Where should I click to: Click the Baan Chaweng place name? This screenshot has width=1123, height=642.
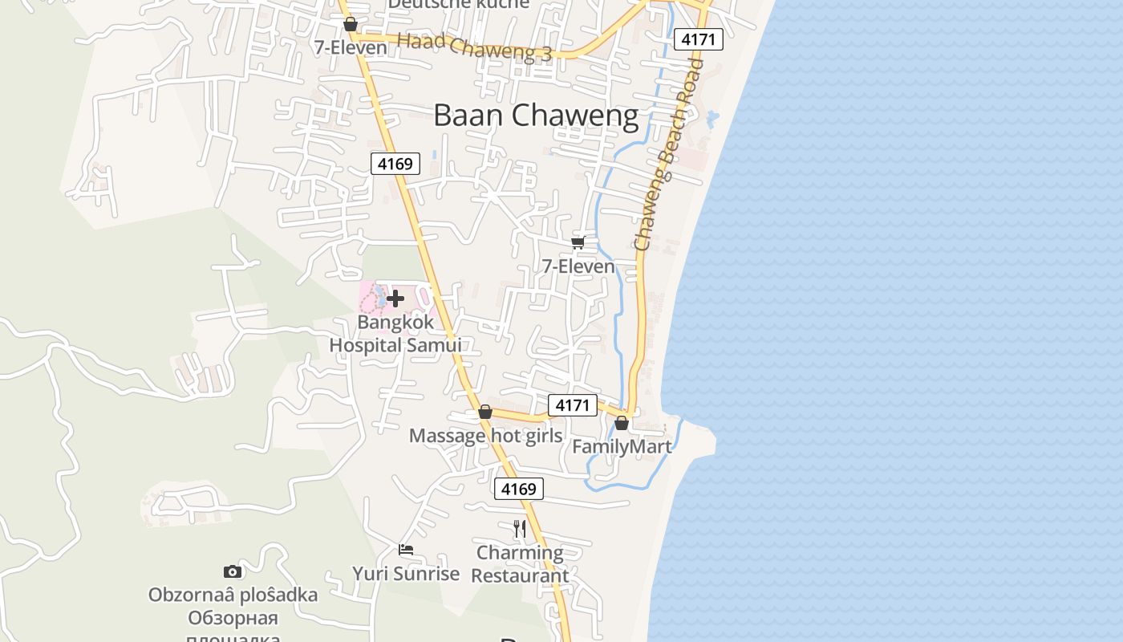click(536, 116)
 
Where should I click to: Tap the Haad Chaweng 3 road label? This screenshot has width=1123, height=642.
click(475, 46)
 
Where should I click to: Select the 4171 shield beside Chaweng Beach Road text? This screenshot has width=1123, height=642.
click(699, 39)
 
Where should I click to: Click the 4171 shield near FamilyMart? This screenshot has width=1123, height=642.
click(573, 405)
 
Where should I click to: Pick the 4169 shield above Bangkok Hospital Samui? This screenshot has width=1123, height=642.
click(395, 164)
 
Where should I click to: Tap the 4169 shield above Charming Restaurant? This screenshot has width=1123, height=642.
click(518, 489)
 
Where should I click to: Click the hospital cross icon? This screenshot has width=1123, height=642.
click(395, 299)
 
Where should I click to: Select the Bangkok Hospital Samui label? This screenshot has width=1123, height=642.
click(395, 334)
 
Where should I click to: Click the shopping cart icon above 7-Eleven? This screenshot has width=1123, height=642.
click(578, 242)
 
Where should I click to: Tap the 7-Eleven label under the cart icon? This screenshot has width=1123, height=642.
click(578, 266)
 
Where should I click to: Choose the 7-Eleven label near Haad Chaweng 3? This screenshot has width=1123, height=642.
click(351, 47)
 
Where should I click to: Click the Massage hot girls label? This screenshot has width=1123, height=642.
click(485, 436)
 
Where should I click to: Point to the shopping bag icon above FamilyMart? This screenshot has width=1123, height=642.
click(622, 423)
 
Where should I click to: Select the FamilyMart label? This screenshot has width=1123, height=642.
click(622, 447)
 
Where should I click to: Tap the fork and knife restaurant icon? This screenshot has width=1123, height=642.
click(520, 528)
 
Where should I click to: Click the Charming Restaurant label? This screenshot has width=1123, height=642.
click(520, 564)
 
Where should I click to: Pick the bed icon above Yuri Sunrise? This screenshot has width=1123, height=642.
click(406, 550)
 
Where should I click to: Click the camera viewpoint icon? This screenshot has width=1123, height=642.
click(233, 571)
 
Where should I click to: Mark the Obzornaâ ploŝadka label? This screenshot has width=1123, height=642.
click(233, 595)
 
